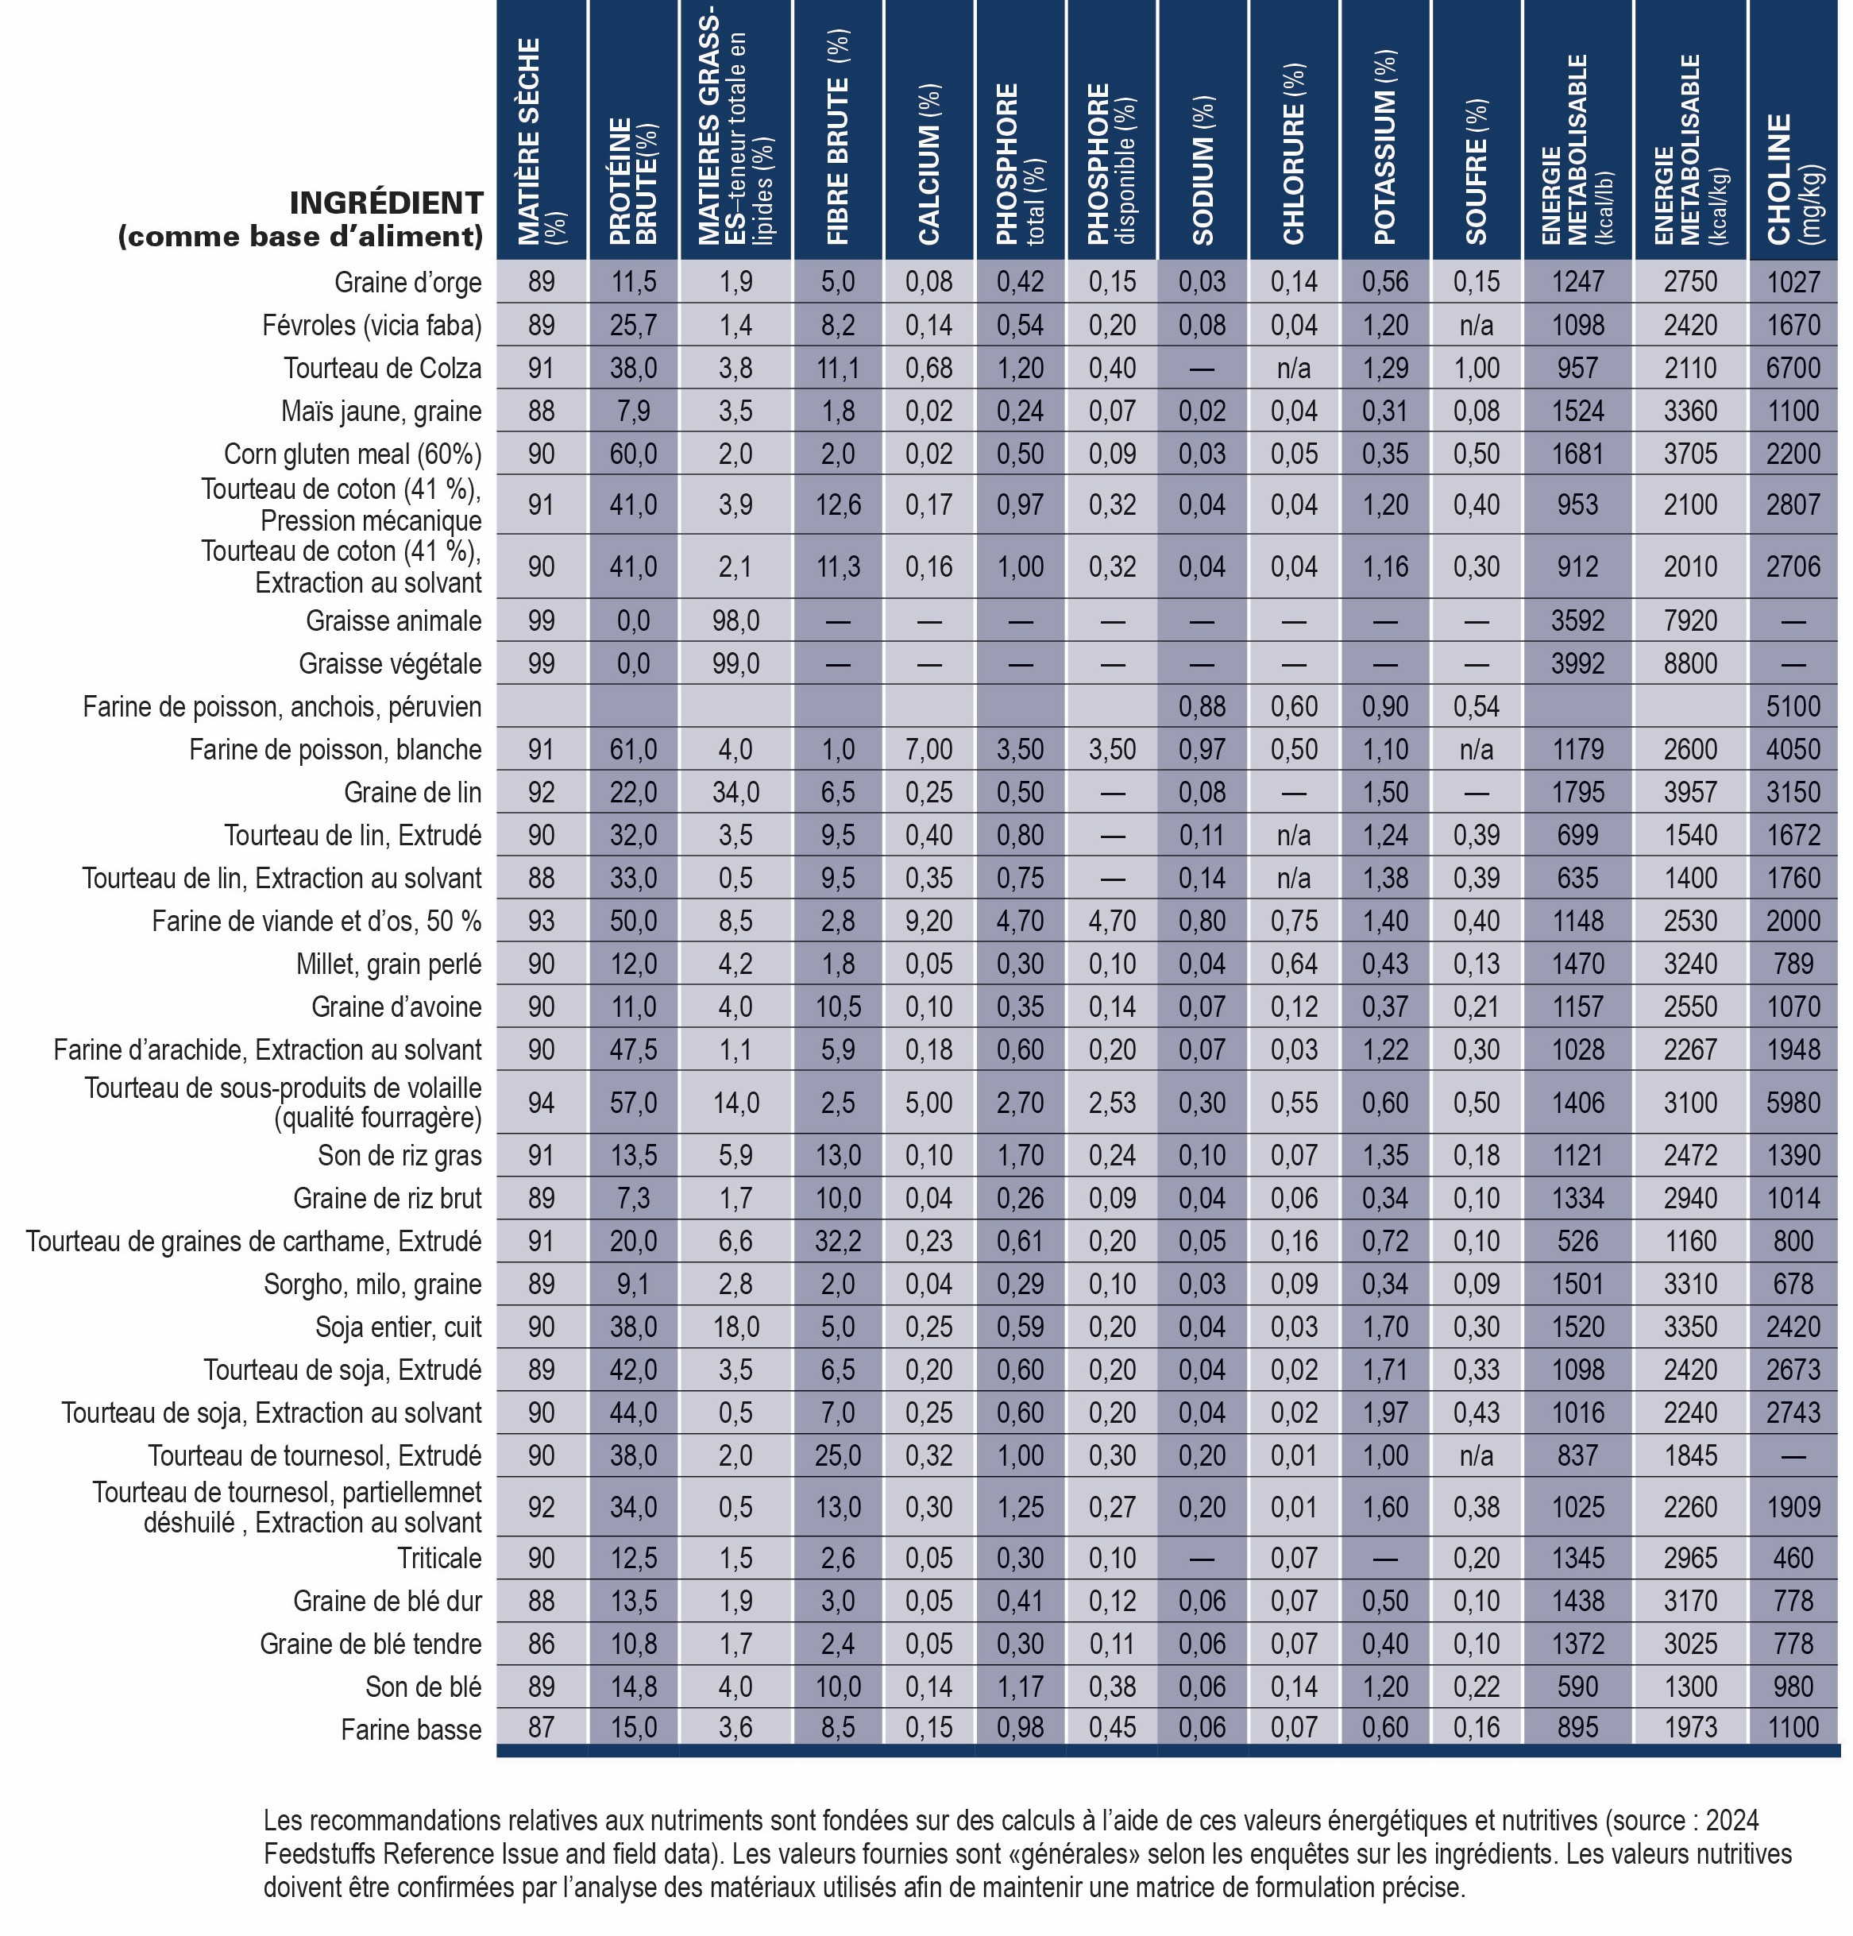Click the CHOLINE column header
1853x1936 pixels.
1793,178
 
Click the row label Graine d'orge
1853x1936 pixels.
408,283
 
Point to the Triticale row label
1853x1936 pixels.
439,1558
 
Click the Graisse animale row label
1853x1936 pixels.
394,620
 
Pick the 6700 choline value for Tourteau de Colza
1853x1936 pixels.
1793,369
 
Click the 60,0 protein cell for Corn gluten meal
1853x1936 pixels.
633,454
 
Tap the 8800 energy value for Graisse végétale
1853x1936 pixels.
1691,664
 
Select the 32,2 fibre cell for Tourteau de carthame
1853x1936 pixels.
838,1241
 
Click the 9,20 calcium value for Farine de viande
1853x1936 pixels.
928,922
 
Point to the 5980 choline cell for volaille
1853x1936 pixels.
1793,1103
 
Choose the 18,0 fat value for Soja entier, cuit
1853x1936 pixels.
735,1327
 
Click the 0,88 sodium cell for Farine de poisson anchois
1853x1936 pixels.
1202,706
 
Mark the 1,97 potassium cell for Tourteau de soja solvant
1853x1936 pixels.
1385,1412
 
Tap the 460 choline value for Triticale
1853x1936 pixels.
1793,1558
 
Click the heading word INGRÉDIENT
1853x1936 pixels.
386,203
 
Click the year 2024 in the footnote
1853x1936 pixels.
1731,1821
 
